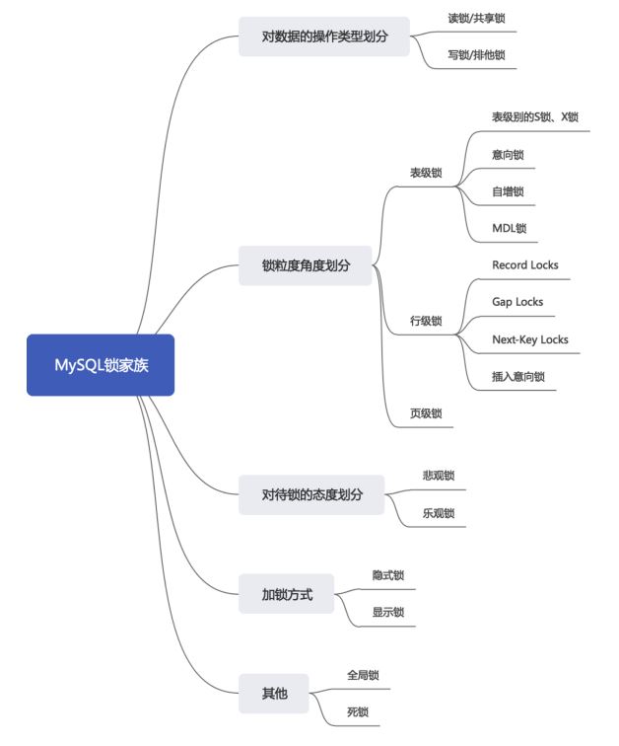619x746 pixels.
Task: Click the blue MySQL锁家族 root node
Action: click(x=101, y=365)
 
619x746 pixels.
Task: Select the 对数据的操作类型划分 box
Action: click(x=324, y=37)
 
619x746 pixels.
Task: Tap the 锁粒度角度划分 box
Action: click(x=305, y=265)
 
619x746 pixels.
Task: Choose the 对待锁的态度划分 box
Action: click(x=311, y=494)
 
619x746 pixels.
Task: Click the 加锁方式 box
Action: click(x=286, y=594)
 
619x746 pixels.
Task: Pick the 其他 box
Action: click(x=274, y=693)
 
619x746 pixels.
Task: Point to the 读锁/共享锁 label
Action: click(x=476, y=19)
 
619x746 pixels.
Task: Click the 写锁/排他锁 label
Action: click(x=476, y=55)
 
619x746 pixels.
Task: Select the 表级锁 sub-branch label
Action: click(x=426, y=173)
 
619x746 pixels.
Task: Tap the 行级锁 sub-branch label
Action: click(x=426, y=321)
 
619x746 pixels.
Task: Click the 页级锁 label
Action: click(x=426, y=413)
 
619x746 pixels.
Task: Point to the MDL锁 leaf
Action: click(x=510, y=228)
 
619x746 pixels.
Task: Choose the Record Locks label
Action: click(x=525, y=265)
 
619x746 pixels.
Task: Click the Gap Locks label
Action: click(x=517, y=302)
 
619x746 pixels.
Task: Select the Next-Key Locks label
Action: click(x=530, y=339)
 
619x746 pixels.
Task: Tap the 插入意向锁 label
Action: click(x=518, y=377)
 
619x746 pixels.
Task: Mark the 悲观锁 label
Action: click(x=439, y=476)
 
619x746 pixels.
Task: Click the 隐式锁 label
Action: click(x=388, y=575)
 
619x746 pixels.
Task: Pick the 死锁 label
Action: click(x=358, y=712)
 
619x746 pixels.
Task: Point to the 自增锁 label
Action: click(x=508, y=191)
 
